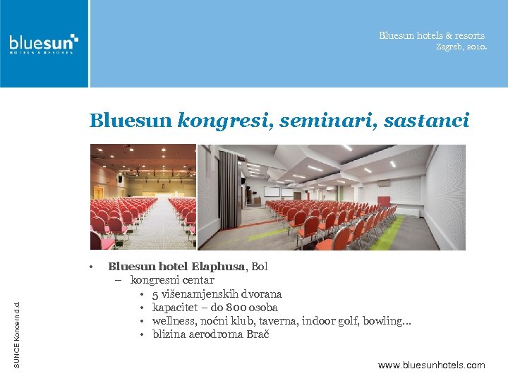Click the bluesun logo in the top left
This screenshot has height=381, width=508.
tap(43, 43)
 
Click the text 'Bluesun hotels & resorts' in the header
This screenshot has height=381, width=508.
tap(432, 35)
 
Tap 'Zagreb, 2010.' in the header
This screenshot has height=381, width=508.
tap(461, 47)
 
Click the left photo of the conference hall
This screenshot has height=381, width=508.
tap(143, 197)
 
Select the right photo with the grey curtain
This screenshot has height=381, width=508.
tap(332, 197)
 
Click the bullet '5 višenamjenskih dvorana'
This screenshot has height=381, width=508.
tap(217, 294)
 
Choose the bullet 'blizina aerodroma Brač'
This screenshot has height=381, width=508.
tap(210, 334)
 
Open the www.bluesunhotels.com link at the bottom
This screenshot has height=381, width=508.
tap(431, 365)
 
